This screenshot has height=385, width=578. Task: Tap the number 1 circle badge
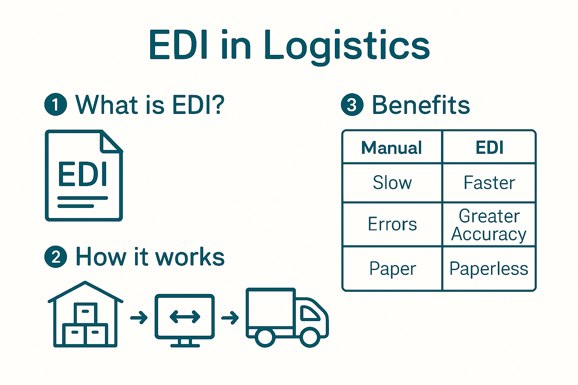pos(56,105)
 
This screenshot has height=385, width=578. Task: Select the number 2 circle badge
pos(56,257)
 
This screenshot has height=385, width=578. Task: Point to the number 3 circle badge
pos(352,105)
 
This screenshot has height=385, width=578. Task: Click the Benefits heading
pos(421,105)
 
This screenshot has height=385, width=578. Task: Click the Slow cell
pos(392,183)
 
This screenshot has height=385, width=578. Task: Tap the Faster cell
pos(489,183)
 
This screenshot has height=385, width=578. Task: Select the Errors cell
pos(392,224)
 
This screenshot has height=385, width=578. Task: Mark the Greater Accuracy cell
pos(489,225)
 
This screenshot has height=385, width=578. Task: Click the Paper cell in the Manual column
pos(392,269)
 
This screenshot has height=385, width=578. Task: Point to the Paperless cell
pos(489,269)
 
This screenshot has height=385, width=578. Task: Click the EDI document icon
pos(84,176)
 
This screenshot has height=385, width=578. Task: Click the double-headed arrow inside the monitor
pos(185,317)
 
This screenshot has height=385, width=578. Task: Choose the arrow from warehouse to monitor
pos(139,318)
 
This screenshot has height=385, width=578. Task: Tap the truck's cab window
pos(310,312)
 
